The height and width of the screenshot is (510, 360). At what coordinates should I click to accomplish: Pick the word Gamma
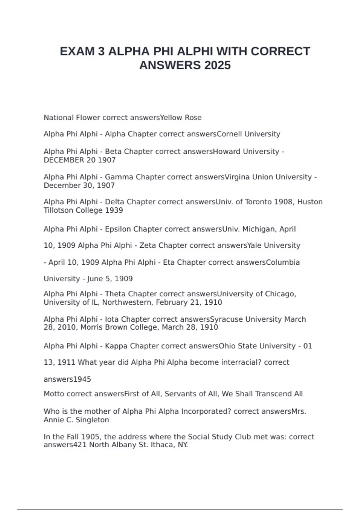(119, 177)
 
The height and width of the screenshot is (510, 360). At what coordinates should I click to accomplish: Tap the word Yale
(254, 245)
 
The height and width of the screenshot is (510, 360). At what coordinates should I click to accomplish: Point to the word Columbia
(283, 262)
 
